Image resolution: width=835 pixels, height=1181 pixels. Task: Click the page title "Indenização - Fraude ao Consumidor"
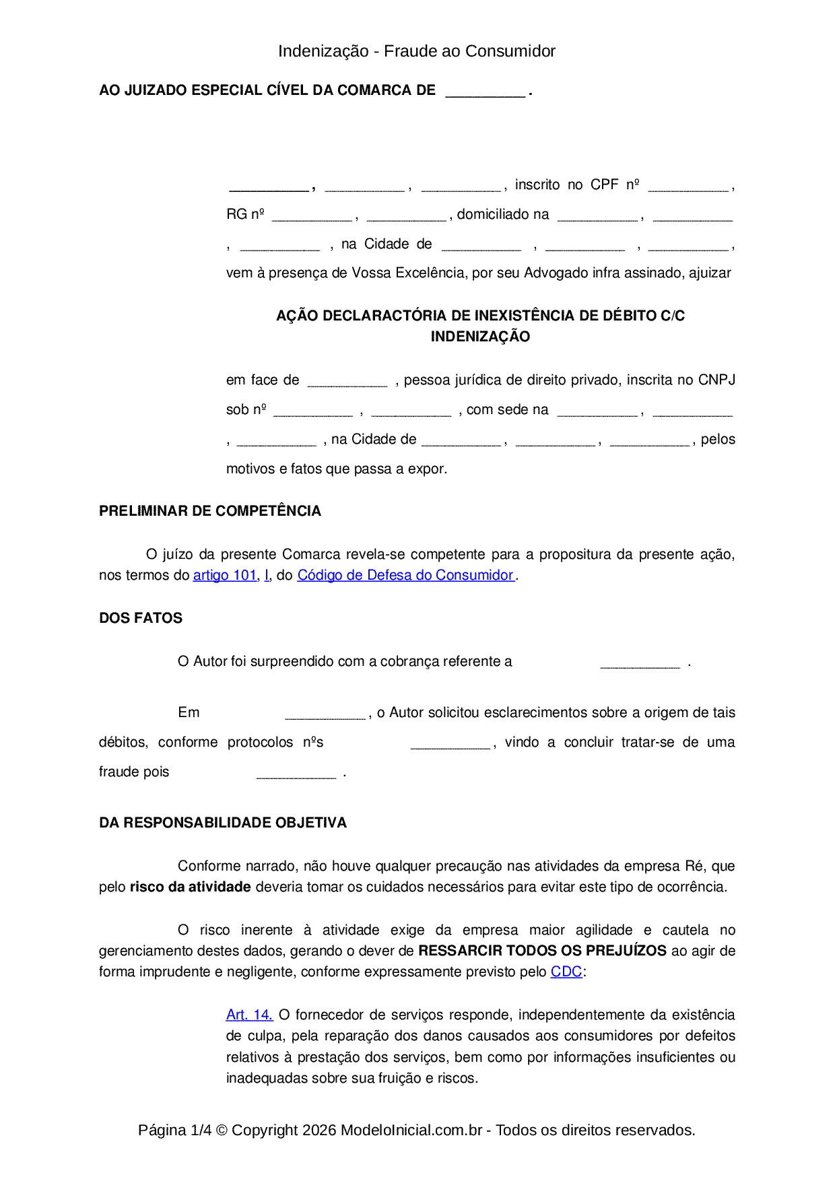(x=416, y=51)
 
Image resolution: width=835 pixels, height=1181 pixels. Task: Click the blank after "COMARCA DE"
(x=485, y=92)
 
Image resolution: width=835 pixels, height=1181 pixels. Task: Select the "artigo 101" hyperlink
(x=225, y=575)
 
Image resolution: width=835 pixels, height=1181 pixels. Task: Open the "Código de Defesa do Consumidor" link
(x=405, y=575)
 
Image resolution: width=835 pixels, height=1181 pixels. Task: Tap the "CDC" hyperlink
(x=566, y=972)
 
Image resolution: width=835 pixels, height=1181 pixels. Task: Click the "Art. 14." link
(x=249, y=1015)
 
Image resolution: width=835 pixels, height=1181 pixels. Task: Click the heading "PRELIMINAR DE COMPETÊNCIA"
(x=210, y=511)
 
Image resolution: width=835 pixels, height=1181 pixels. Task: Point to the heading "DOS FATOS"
(x=141, y=618)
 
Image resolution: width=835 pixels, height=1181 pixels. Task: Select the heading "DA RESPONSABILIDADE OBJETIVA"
(x=223, y=823)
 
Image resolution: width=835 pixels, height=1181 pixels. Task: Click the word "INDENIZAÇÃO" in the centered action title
(x=480, y=337)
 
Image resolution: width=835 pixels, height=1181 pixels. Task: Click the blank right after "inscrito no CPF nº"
(x=688, y=187)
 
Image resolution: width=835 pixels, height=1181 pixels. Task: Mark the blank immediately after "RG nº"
(x=312, y=216)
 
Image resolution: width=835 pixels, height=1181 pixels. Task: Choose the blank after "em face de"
(x=347, y=382)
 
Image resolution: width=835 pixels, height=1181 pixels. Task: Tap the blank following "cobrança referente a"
(x=640, y=663)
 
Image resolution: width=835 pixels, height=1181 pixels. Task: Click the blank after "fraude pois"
(x=296, y=774)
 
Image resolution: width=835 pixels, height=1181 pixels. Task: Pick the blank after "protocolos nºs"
(x=450, y=744)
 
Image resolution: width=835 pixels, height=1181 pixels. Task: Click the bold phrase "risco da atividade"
(x=191, y=887)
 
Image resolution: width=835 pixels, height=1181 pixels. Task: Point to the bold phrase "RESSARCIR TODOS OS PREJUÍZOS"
(x=542, y=951)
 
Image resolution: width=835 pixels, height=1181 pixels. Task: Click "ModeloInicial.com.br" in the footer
(x=411, y=1130)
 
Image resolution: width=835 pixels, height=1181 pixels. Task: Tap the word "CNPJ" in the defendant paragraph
(x=716, y=380)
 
